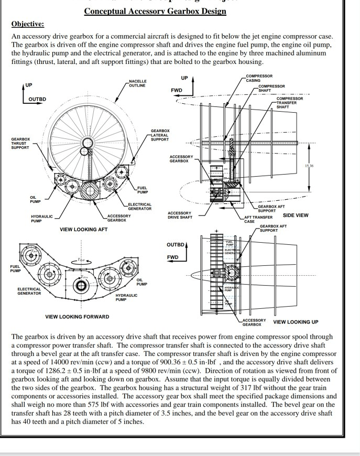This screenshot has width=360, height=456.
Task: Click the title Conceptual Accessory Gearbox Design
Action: coord(155,11)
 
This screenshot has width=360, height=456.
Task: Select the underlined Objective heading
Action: coord(28,24)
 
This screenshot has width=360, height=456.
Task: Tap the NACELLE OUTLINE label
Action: coord(137,83)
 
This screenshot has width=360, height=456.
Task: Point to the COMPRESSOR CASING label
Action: coord(259,79)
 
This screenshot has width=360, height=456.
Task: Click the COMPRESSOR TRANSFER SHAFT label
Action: coord(290,103)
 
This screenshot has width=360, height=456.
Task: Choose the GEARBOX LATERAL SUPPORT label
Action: coord(160,135)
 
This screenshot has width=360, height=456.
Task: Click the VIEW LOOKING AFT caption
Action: coord(83,230)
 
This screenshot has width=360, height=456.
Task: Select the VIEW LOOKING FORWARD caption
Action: coord(77,317)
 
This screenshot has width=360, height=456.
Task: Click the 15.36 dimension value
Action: coord(309,166)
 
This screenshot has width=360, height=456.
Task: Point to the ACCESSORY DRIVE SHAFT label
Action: coord(180,215)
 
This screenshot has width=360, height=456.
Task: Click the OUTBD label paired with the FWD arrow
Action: coord(176,245)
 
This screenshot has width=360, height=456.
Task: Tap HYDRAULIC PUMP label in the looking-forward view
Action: coord(126,297)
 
